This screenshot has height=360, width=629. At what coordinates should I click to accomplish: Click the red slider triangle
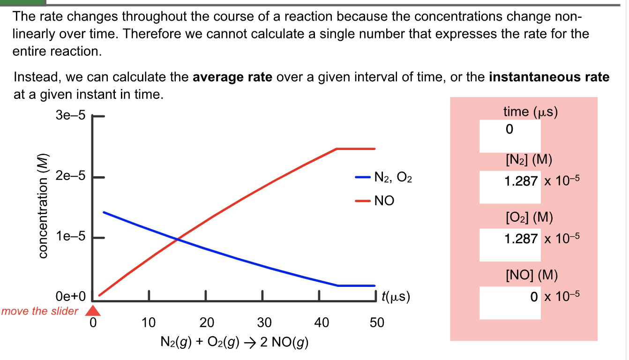[94, 310]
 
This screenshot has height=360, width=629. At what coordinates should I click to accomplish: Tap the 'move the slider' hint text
[40, 311]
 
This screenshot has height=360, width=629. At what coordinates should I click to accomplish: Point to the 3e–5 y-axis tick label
[70, 116]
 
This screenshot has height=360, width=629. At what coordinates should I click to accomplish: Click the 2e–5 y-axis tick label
[70, 177]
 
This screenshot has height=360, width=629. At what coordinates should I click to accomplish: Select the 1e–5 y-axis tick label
[70, 238]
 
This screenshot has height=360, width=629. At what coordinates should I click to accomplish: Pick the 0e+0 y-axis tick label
[70, 297]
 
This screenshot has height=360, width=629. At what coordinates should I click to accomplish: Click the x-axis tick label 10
[149, 322]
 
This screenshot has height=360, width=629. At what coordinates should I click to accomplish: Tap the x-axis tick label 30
[264, 322]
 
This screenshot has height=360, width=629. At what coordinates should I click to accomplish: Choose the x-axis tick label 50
[376, 322]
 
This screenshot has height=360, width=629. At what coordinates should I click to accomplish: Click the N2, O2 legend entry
[384, 178]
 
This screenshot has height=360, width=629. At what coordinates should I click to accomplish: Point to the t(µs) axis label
[396, 297]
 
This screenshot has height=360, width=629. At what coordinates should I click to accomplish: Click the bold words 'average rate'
[232, 77]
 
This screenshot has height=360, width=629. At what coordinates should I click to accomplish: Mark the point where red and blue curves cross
[177, 240]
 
